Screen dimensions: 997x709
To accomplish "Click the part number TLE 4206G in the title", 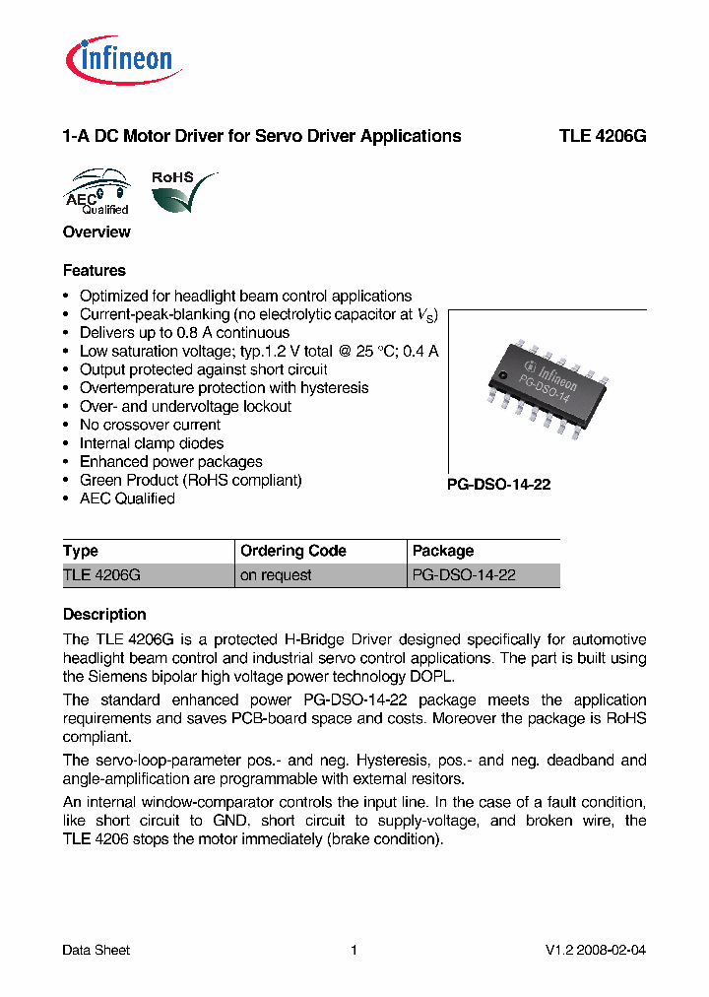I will (603, 137).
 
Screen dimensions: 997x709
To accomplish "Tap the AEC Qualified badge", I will (97, 192).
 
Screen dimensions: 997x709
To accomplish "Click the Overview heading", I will (97, 233).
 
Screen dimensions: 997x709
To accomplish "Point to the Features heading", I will (95, 271).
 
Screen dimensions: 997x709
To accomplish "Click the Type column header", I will (81, 551).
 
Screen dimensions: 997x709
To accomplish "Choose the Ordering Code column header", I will (293, 551).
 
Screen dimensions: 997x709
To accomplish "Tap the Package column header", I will (443, 551).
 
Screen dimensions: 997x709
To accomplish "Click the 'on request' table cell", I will (276, 575).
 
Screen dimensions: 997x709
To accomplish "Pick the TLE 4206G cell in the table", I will (102, 575).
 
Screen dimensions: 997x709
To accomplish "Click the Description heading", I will (104, 615).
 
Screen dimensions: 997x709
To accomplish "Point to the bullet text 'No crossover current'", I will (150, 426).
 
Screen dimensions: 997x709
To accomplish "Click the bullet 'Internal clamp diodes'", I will (152, 443).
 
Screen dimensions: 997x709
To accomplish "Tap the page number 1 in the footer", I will (354, 951).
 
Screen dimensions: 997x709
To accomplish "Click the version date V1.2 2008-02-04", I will (596, 951).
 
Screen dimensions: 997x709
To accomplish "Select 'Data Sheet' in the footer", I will (97, 951).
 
